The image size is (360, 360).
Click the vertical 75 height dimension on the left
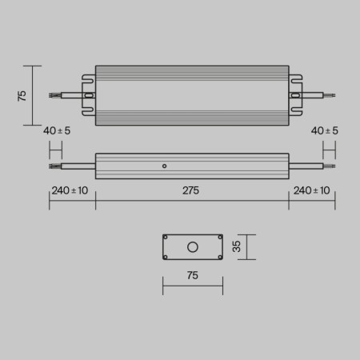pos(22,95)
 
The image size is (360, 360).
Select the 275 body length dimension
pos(191,191)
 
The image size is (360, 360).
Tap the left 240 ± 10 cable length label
pos(70,191)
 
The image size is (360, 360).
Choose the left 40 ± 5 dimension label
pos(58,130)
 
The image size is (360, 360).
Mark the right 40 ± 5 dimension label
pos(324,130)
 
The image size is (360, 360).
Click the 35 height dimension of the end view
pos(236,247)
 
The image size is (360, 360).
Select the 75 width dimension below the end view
pos(192,276)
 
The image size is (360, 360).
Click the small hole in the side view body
pos(164,166)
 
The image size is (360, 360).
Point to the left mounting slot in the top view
pos(89,95)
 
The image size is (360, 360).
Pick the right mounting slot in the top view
pos(295,95)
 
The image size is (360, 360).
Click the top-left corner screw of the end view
pos(166,238)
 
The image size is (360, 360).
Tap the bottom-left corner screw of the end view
pos(166,257)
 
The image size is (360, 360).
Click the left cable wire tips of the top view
pos(54,95)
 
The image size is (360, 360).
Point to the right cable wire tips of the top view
pos(330,95)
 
